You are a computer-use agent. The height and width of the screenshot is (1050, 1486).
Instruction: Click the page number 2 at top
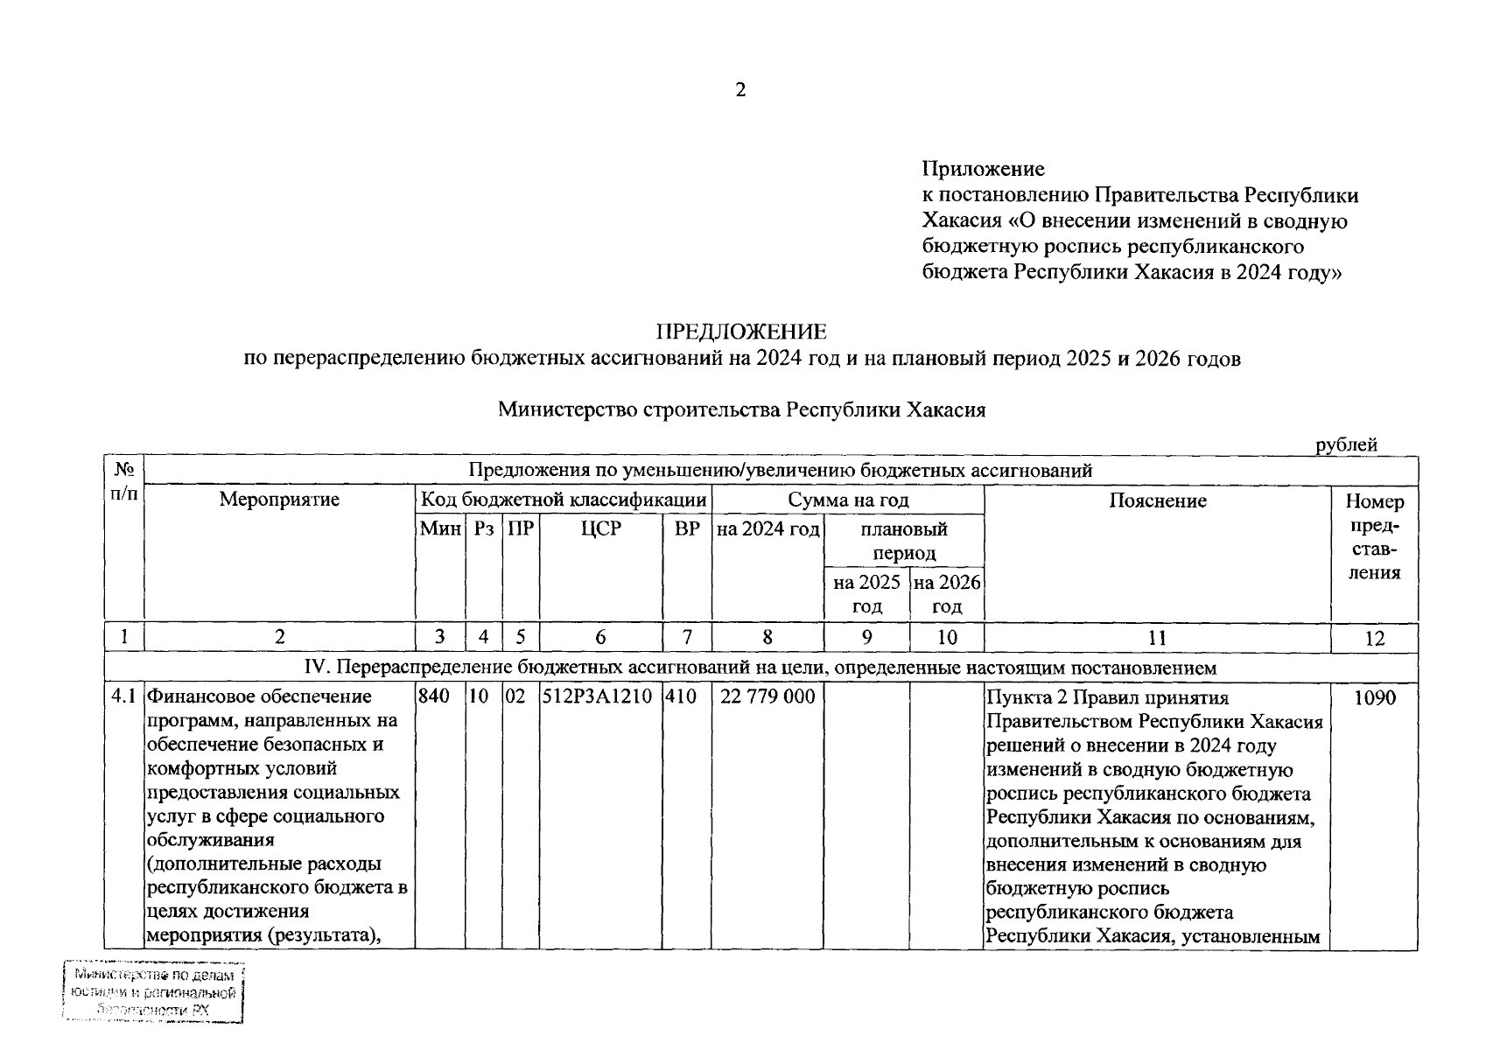coord(740,90)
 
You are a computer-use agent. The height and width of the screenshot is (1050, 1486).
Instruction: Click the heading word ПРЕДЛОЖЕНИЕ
coord(741,332)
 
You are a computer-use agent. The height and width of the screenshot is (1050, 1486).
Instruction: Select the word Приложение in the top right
coord(984,168)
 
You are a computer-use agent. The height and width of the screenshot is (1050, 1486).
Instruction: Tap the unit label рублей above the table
coord(1347,444)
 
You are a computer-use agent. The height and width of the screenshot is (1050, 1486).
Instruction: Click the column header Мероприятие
coord(279,500)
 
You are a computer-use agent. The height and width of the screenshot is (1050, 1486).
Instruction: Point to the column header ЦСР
coord(600,528)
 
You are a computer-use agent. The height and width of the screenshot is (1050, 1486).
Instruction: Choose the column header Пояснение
coord(1157,500)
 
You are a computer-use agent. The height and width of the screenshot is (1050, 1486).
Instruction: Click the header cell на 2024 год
coord(768,528)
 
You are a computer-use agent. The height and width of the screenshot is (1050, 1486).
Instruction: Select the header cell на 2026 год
coord(947,594)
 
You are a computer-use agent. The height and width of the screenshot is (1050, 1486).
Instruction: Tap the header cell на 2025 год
coord(866,594)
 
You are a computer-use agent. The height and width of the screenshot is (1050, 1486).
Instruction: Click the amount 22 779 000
coord(768,697)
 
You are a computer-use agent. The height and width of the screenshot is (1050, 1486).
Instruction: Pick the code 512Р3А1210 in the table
coord(600,697)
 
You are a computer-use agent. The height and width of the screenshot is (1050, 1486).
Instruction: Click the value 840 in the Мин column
coord(434,697)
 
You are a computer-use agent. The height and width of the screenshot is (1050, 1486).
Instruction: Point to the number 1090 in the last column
coord(1374,698)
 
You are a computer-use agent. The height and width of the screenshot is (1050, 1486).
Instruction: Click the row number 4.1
coord(123,697)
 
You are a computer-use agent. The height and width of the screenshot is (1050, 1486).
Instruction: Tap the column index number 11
coord(1157,637)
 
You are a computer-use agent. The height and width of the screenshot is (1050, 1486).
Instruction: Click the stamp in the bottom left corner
coord(154,992)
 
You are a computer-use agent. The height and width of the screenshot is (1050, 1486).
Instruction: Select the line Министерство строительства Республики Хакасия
coord(741,410)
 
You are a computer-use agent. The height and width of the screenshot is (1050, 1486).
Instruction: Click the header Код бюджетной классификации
coord(564,500)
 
